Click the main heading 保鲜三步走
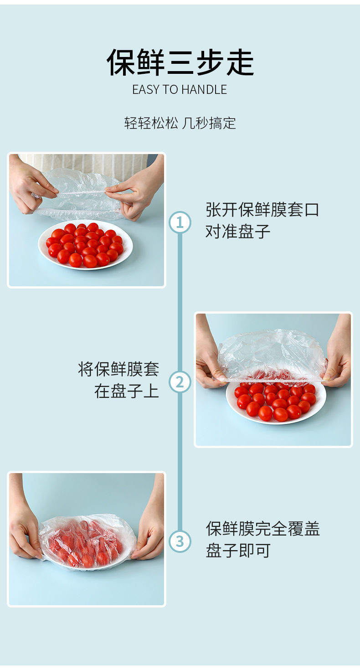click(x=180, y=62)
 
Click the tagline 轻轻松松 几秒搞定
click(x=180, y=123)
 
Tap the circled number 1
click(x=180, y=222)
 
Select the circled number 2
click(x=180, y=382)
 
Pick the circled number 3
click(x=180, y=541)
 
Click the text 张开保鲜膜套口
click(x=262, y=209)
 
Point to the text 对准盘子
click(x=238, y=231)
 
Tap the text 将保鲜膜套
click(x=118, y=369)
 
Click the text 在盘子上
click(x=127, y=391)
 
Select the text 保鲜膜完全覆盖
click(x=263, y=529)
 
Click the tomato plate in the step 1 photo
click(x=86, y=245)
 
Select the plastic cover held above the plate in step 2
click(x=272, y=356)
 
